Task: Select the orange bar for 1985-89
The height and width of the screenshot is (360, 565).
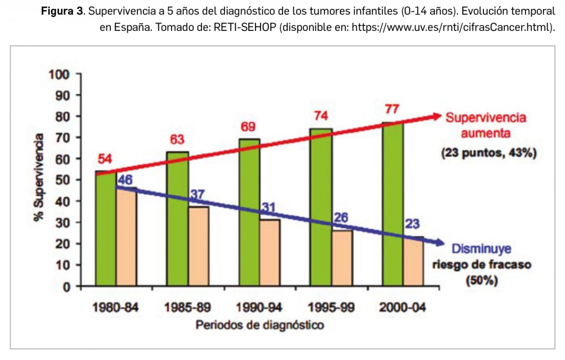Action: pos(198,246)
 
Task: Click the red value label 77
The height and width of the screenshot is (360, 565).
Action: pos(392,109)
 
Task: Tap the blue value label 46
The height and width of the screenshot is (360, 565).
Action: pos(125,180)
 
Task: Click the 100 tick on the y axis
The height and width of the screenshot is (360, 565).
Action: pos(61,74)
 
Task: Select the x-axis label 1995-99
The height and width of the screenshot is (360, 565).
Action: pos(331,307)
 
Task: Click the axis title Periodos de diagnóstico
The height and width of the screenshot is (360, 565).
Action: pos(259,325)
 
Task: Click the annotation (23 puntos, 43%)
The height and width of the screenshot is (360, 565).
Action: pos(489,153)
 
